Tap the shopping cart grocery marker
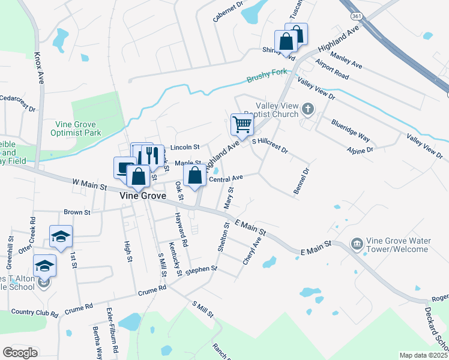pos(242,124)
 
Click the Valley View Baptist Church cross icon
pos(308,109)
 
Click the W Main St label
pos(89,184)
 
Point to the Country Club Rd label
pos(34,313)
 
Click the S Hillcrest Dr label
pos(270,145)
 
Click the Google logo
pos(20,352)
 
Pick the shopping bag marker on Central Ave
pos(194,176)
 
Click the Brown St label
pos(77,212)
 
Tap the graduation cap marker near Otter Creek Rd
pos(61,237)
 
